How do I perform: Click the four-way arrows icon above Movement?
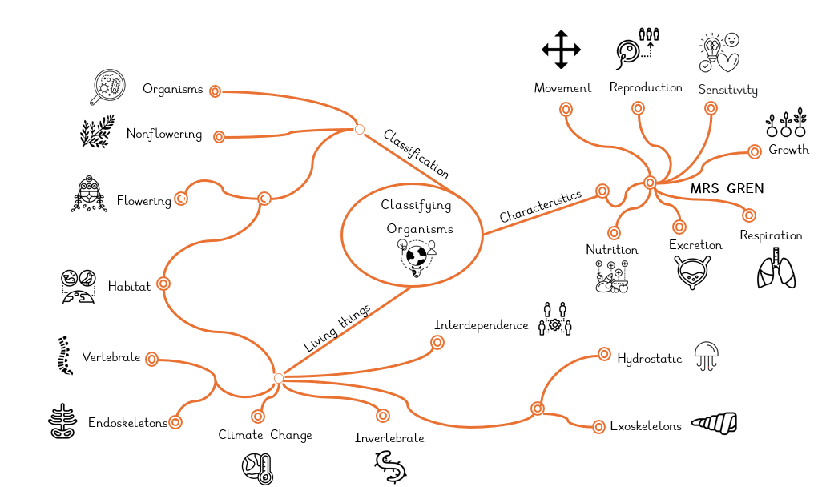561,50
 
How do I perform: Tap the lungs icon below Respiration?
776,268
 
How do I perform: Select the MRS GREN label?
727,189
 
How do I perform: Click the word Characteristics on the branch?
540,207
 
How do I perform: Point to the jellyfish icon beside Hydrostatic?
707,356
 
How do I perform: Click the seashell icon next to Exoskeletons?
714,424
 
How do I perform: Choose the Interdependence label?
481,325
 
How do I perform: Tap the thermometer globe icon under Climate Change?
259,468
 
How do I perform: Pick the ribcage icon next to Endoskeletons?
62,421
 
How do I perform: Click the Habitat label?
129,287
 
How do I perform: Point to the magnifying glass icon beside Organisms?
108,87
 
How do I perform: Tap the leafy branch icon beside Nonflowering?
97,132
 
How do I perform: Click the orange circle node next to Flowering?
182,199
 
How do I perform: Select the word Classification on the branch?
416,154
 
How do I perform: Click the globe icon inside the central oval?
417,256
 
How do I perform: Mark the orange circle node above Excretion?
679,227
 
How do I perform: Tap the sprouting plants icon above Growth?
787,123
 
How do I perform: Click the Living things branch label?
336,328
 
